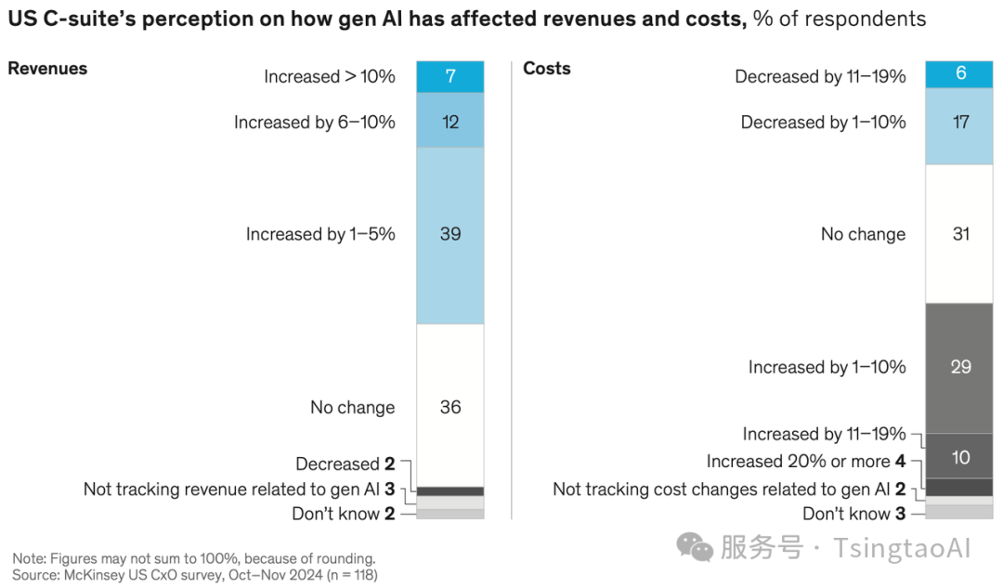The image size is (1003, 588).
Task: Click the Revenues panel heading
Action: coord(47,69)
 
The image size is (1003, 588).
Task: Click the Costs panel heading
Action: coord(547,69)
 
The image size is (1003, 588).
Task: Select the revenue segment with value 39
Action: coord(450,234)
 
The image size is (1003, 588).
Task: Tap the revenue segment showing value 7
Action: coord(450,76)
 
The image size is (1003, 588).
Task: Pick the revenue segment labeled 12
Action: coord(450,122)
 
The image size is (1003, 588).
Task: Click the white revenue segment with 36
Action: coord(450,406)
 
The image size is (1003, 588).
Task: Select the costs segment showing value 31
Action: coord(960,234)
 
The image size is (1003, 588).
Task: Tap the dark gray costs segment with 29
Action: coord(960,367)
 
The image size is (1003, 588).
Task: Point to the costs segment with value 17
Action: coord(960,122)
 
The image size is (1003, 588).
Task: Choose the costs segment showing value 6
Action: coord(960,74)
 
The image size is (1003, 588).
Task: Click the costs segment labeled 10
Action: coord(960,456)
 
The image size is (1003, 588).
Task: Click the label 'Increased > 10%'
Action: coord(330,77)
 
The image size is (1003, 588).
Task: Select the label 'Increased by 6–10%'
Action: coord(315,123)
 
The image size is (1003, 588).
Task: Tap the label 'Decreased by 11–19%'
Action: coord(820,77)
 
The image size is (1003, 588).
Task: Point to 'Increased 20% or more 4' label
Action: coord(805,462)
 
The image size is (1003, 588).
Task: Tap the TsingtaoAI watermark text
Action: coord(901,548)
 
